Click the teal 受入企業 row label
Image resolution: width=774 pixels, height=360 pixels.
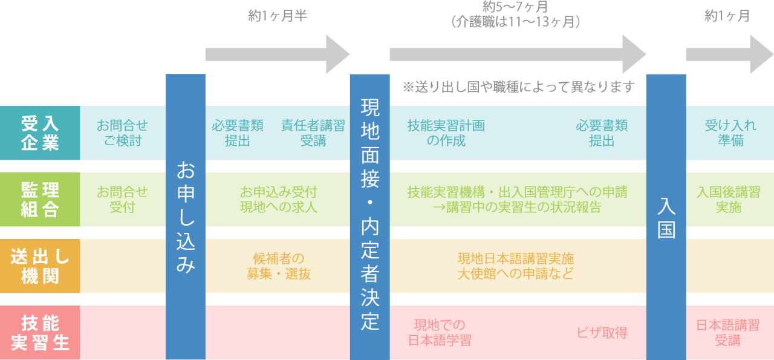tap(40, 133)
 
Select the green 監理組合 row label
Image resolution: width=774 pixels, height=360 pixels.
tap(40, 200)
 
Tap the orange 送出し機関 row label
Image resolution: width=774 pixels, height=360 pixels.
tap(40, 266)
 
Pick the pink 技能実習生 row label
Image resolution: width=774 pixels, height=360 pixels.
tap(40, 333)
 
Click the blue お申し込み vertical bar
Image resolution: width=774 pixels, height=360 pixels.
tap(186, 217)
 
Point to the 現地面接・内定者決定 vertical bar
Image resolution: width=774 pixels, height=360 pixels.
tap(369, 217)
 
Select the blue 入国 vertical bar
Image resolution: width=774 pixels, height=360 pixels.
tap(666, 217)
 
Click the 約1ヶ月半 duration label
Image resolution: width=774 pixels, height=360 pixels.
tap(278, 16)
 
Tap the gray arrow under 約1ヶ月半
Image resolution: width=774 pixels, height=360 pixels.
tap(278, 54)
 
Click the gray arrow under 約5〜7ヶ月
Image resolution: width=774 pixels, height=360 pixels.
tap(518, 54)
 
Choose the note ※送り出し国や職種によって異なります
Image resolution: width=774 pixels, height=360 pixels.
tap(518, 87)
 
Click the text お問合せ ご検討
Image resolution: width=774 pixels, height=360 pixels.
tap(122, 133)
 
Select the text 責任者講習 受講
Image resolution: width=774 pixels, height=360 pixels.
tap(313, 133)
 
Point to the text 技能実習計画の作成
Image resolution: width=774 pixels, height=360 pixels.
tap(446, 133)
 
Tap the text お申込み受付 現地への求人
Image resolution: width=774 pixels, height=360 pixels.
tap(278, 200)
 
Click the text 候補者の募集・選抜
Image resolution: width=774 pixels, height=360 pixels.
tap(278, 266)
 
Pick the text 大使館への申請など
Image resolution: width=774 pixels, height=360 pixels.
tap(515, 273)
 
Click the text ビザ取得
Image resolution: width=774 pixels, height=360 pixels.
tap(602, 333)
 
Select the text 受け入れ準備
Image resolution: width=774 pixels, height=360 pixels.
tap(730, 133)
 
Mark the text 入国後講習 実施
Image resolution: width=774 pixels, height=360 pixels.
tap(728, 200)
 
